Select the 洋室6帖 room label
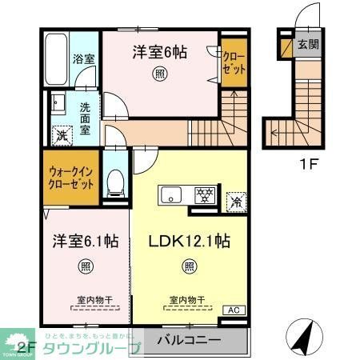159,52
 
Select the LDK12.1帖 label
190,240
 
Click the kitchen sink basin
171,194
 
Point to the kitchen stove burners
204,194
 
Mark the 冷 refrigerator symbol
236,201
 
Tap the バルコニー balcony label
189,341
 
